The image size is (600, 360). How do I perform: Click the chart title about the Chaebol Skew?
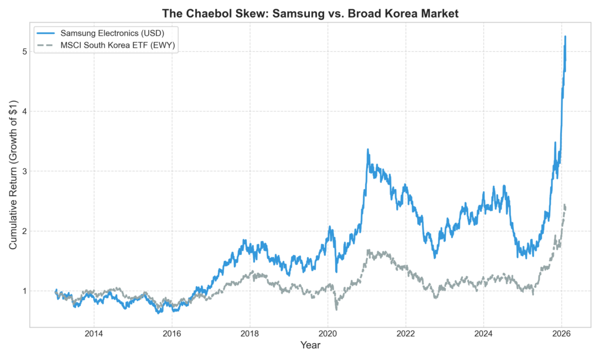point(310,13)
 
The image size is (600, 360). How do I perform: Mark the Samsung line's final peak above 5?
point(565,36)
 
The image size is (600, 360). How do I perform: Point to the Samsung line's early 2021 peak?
point(368,150)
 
